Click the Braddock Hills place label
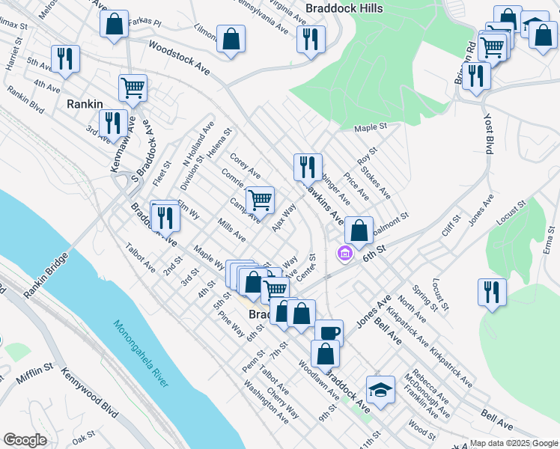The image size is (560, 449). [344, 8]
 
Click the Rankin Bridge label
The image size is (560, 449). [45, 276]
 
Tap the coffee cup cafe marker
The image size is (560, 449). [328, 333]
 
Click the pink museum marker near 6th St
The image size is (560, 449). [344, 254]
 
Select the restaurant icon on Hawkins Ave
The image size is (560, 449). [307, 168]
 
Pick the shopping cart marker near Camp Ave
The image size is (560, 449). [260, 201]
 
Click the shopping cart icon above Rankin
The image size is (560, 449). [133, 88]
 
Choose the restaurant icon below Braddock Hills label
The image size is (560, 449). [311, 39]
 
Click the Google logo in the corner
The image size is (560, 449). [25, 440]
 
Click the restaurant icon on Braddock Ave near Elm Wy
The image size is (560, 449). [165, 217]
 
